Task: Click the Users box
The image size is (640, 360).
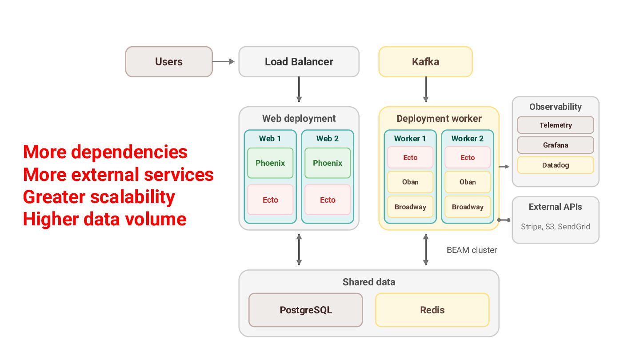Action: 169,62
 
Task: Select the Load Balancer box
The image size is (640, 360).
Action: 299,62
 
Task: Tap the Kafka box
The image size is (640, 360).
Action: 425,62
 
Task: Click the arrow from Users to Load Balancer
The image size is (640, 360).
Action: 224,61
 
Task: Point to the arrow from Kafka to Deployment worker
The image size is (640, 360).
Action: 426,89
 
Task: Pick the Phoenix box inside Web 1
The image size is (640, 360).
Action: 270,163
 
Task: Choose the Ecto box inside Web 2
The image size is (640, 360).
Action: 328,200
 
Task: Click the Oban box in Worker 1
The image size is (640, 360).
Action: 410,182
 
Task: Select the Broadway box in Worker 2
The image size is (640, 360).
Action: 468,207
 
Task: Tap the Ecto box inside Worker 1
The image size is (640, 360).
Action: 410,157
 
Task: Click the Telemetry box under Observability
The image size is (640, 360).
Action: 556,125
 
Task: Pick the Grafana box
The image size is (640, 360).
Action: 556,145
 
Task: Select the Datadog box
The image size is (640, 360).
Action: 556,165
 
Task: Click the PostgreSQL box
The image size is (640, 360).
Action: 306,310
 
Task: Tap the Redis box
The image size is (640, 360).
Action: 432,310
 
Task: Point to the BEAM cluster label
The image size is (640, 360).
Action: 472,250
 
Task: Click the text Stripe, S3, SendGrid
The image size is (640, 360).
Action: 556,227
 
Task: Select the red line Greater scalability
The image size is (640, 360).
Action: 99,197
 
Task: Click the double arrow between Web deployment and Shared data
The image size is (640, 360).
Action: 299,249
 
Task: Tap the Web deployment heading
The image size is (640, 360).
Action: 299,119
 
